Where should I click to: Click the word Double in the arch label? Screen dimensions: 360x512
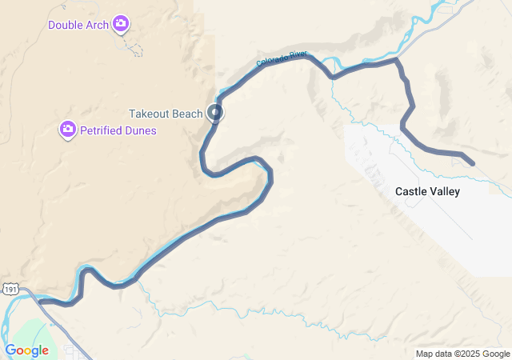66,25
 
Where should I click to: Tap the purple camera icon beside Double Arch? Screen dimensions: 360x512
121,24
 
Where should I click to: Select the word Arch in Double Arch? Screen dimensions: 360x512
97,25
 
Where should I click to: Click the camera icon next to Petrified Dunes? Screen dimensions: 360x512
68,130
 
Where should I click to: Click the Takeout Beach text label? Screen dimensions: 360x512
166,114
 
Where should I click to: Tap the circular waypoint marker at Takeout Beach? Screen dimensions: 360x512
215,113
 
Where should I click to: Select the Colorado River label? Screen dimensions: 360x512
282,58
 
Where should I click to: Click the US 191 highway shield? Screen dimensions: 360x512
6,289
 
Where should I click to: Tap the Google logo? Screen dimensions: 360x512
26,350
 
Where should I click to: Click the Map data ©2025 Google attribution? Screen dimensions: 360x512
462,354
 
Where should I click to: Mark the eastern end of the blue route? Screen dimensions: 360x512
473,164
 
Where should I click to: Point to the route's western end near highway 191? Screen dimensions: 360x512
40,302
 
